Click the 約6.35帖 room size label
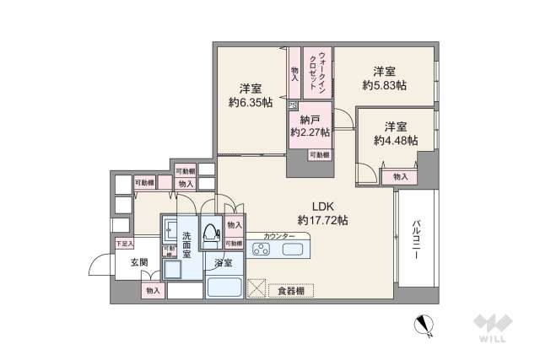249,103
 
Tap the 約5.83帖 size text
384,85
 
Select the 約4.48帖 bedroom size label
396,141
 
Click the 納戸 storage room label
310,119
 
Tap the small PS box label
292,105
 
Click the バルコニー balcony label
418,242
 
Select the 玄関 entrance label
139,263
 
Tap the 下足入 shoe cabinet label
124,244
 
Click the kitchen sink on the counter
300,250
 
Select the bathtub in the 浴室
224,286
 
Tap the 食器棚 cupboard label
291,291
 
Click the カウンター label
279,236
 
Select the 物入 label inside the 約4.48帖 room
400,176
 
